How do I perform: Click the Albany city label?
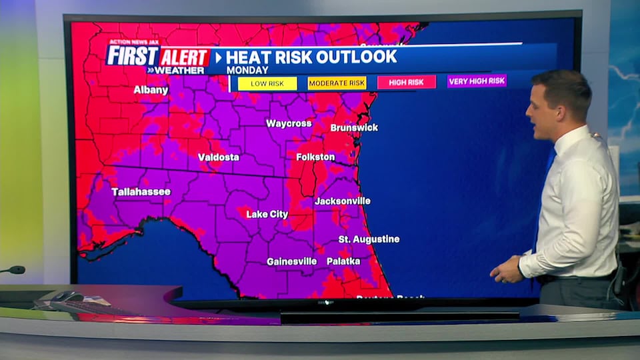pyautogui.click(x=151, y=89)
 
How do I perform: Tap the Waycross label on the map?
pyautogui.click(x=289, y=123)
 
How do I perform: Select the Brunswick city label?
pyautogui.click(x=354, y=127)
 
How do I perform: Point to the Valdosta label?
pyautogui.click(x=218, y=157)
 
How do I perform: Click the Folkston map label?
pyautogui.click(x=315, y=157)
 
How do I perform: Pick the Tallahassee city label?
pyautogui.click(x=141, y=191)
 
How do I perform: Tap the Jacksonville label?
pyautogui.click(x=342, y=201)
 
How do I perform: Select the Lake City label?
pyautogui.click(x=267, y=214)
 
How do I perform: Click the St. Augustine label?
pyautogui.click(x=369, y=239)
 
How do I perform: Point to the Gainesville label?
pyautogui.click(x=291, y=261)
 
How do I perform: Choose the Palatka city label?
pyautogui.click(x=343, y=261)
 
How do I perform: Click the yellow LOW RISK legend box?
pyautogui.click(x=267, y=83)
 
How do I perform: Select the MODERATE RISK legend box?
pyautogui.click(x=337, y=83)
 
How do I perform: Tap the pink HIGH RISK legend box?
pyautogui.click(x=406, y=82)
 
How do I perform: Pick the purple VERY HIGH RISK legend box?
pyautogui.click(x=477, y=81)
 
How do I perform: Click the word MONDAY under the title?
pyautogui.click(x=247, y=70)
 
